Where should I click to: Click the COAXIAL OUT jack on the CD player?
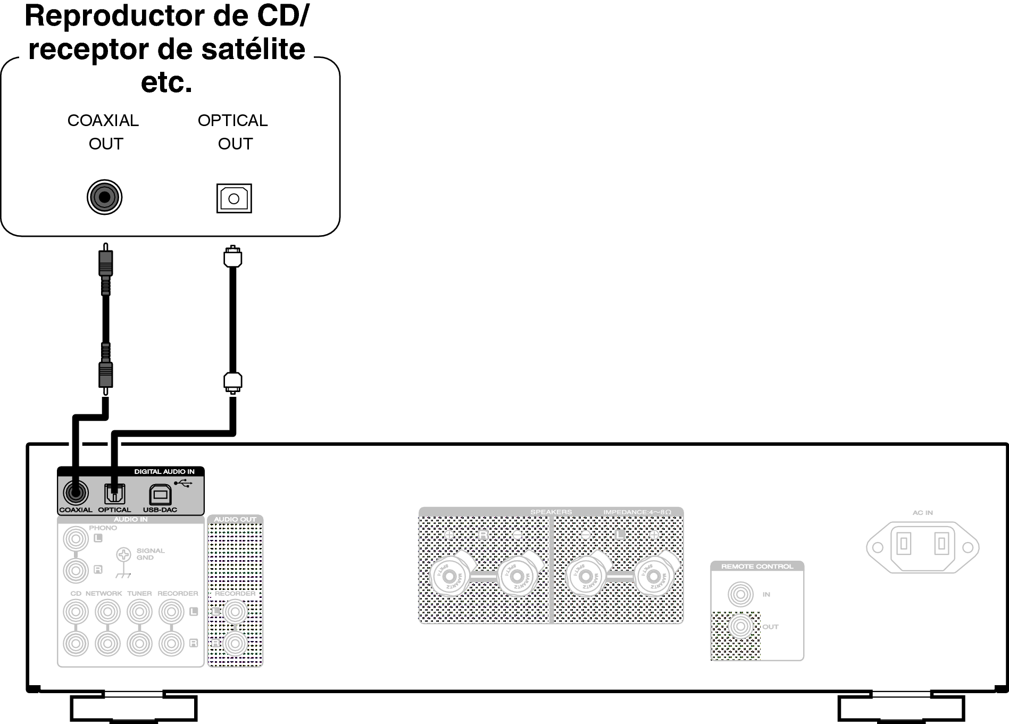(105, 197)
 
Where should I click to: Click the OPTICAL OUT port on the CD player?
(234, 198)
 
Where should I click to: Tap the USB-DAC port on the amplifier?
(160, 494)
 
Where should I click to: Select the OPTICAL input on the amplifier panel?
(114, 494)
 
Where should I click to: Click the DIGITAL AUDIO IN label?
(164, 471)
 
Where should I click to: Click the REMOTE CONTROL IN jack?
(740, 594)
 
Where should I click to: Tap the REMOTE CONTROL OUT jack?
(740, 627)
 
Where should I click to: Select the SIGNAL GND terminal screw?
(123, 555)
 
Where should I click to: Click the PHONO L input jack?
(76, 539)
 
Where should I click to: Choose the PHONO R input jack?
(76, 571)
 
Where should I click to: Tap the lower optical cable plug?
(233, 381)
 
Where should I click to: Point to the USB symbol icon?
(182, 483)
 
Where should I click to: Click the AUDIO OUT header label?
(235, 519)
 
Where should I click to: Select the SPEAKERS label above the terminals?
(551, 512)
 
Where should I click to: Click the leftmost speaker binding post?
(449, 576)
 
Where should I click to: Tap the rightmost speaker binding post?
(654, 576)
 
